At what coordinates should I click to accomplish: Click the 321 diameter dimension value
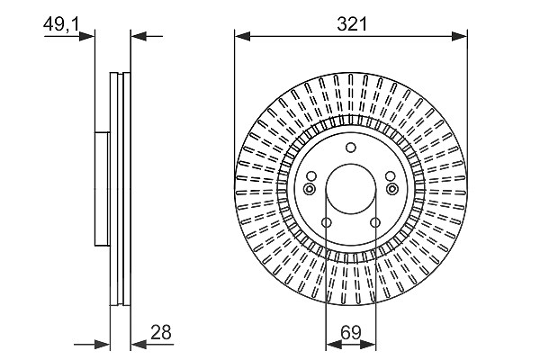[352, 24]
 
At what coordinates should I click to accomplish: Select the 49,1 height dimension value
[61, 24]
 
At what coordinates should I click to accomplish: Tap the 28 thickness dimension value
[161, 332]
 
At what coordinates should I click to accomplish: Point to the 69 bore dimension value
[351, 332]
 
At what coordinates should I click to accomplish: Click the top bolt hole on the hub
[351, 148]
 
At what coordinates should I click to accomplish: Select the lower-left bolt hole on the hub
[327, 222]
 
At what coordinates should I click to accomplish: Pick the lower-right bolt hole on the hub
[375, 222]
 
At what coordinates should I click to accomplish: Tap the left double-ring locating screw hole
[310, 189]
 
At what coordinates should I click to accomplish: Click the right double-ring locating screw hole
[391, 189]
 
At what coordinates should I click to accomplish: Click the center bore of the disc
[351, 189]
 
